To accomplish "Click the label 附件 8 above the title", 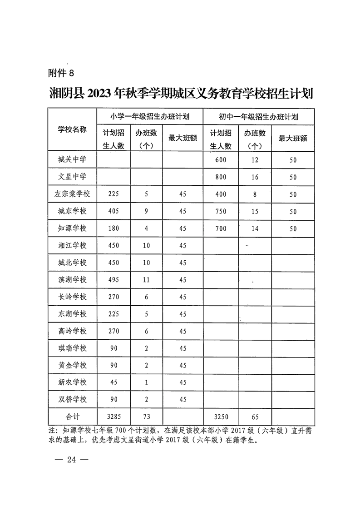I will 60,73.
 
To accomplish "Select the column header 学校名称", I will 72,129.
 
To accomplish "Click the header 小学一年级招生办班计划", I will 150,116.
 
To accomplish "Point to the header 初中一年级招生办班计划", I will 258,116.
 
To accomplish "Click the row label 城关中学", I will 72,159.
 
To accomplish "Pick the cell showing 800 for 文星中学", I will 221,177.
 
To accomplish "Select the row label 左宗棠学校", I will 72,194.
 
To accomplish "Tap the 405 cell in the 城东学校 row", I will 113,211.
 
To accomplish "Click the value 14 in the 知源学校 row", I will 255,228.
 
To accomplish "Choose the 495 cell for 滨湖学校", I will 113,280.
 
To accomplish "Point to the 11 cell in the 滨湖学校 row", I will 146,280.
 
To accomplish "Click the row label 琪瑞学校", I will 72,348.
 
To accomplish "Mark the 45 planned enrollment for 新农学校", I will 113,382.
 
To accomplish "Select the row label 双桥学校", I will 72,400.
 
